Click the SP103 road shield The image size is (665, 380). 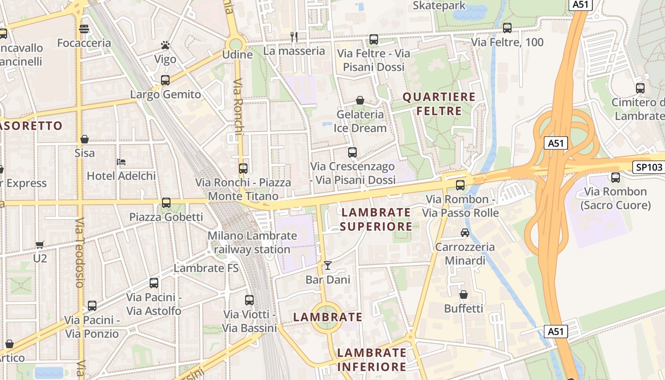(648, 167)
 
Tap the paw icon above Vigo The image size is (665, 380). (165, 46)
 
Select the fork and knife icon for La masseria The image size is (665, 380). (294, 37)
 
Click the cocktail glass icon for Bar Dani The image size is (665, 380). (327, 266)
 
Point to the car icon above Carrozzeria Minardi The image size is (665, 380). (465, 233)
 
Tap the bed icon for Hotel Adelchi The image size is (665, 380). (121, 162)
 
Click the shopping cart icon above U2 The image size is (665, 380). (40, 245)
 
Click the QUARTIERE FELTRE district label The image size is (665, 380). (439, 104)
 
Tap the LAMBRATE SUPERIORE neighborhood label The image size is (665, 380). (376, 219)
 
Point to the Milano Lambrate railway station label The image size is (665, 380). (252, 242)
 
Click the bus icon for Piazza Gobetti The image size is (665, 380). (166, 203)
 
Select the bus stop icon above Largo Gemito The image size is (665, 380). (165, 80)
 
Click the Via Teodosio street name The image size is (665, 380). (79, 252)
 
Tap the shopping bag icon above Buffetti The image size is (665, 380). (464, 294)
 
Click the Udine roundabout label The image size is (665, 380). (237, 55)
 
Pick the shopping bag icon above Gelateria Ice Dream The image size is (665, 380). (360, 101)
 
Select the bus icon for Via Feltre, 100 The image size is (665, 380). (507, 28)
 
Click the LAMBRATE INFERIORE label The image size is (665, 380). (371, 360)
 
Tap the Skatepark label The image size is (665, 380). (439, 6)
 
